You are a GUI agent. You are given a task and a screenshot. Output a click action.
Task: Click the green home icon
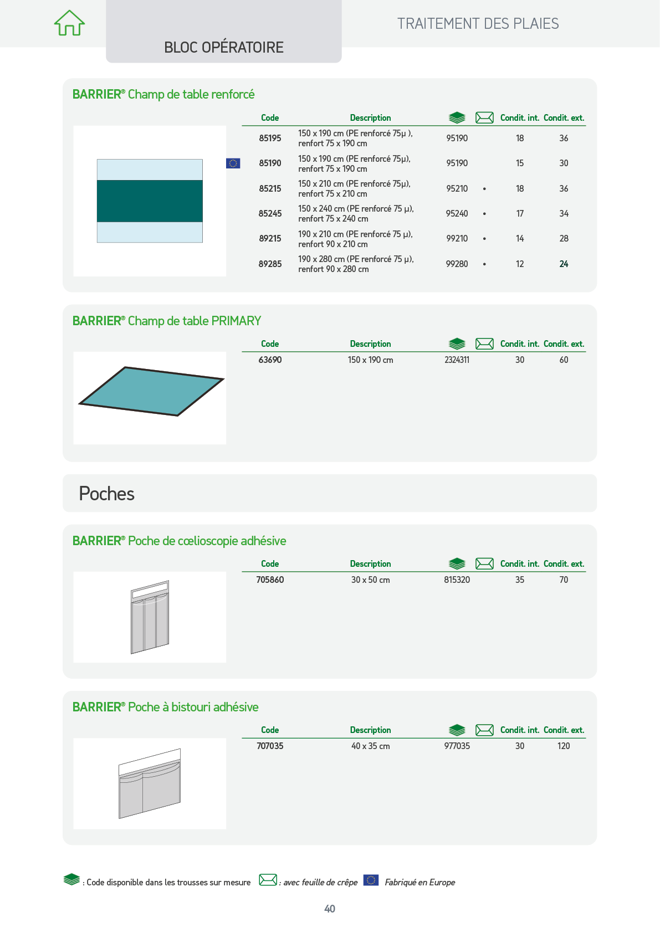click(x=69, y=23)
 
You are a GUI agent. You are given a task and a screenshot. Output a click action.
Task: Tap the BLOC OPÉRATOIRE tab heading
click(x=224, y=48)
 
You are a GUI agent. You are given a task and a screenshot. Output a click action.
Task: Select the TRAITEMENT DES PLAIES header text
click(x=478, y=24)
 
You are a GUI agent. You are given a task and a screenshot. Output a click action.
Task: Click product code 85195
click(x=270, y=138)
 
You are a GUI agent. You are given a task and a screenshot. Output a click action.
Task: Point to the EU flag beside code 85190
click(x=233, y=163)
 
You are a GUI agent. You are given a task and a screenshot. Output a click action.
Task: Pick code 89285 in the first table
click(x=270, y=264)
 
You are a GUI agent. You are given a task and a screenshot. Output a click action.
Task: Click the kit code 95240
click(x=457, y=213)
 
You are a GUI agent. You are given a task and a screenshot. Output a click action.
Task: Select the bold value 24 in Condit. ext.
click(x=564, y=264)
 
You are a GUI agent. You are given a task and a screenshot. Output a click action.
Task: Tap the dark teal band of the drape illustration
click(x=150, y=201)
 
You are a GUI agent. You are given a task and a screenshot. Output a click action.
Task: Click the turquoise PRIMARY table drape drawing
click(x=151, y=391)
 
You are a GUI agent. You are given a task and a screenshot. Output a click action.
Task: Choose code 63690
click(x=270, y=360)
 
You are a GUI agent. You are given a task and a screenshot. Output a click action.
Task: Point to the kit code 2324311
click(x=457, y=360)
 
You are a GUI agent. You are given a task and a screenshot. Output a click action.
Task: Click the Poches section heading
click(x=106, y=494)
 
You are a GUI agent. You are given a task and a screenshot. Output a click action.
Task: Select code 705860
click(x=270, y=580)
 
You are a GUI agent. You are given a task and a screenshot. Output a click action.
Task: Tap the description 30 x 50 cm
click(x=370, y=580)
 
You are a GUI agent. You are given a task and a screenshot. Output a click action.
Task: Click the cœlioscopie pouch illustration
click(x=150, y=617)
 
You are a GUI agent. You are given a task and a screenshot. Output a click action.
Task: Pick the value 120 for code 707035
click(x=564, y=746)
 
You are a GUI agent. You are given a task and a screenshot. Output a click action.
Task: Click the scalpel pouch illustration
click(x=150, y=783)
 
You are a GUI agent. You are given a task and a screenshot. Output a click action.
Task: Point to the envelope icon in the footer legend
click(x=268, y=880)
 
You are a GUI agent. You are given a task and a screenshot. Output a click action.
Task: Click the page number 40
click(x=330, y=909)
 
